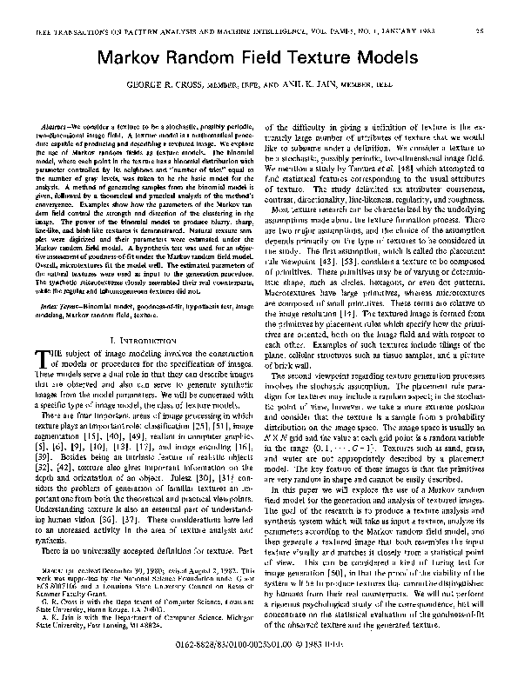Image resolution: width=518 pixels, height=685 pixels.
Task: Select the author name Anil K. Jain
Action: tap(324, 87)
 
